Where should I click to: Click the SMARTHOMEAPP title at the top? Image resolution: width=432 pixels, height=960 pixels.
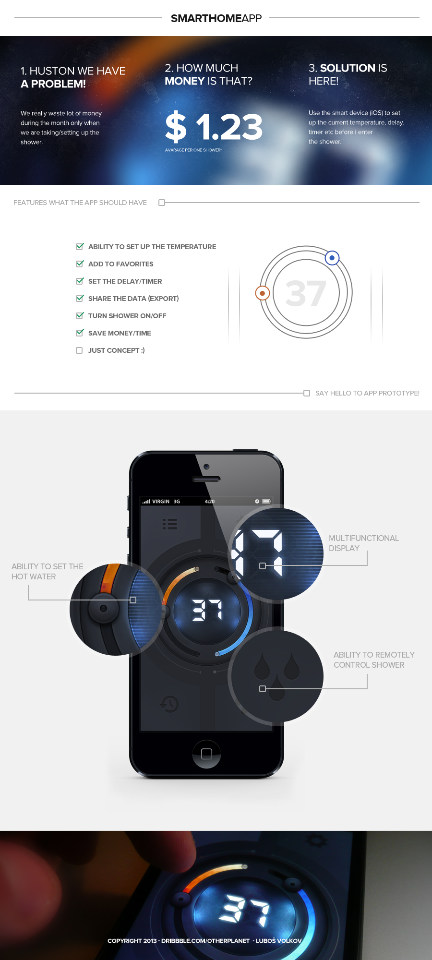[x=216, y=18]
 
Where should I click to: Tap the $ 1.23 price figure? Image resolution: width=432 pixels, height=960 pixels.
[x=214, y=127]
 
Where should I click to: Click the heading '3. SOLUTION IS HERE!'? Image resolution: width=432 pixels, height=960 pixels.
[x=348, y=74]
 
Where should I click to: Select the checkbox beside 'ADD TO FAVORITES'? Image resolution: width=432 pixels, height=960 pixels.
[x=80, y=264]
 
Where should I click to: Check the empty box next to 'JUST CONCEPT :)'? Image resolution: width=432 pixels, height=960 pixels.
[x=79, y=350]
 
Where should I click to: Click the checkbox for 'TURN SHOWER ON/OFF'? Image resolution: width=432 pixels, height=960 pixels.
[x=80, y=315]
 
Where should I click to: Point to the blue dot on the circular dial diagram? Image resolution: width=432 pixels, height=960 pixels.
[x=332, y=258]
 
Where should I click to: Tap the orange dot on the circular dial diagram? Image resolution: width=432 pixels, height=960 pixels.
[x=262, y=293]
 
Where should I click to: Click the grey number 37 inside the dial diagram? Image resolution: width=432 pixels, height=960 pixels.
[x=306, y=293]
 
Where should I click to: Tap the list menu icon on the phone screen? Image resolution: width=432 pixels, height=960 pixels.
[x=170, y=524]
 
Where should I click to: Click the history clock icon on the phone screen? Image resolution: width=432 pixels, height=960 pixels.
[x=169, y=704]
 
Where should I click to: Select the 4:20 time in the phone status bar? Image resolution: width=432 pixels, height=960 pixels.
[x=210, y=501]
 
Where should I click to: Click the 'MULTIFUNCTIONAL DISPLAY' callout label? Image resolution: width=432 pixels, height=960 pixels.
[x=364, y=543]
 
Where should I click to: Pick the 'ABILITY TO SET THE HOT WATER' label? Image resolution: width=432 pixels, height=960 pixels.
[x=48, y=572]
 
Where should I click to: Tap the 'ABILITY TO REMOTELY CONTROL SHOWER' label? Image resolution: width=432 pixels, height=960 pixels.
[x=374, y=660]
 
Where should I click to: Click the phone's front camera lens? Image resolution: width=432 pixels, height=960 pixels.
[x=206, y=467]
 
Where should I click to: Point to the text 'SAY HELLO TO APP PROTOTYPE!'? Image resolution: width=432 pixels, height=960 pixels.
[x=367, y=393]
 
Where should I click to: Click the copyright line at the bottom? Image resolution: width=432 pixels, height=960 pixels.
[x=204, y=941]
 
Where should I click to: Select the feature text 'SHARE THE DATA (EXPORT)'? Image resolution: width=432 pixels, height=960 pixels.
[x=133, y=299]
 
